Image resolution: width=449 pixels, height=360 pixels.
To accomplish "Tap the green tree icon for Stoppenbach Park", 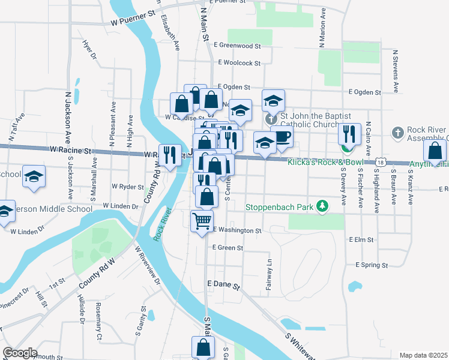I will point(323,207).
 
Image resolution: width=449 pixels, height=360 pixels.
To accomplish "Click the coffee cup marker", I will point(282,137).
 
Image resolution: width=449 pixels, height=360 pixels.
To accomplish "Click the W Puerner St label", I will point(133,21).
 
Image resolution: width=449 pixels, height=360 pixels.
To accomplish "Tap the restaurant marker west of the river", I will point(170,155).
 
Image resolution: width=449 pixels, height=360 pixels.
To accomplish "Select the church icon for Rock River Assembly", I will point(397,132).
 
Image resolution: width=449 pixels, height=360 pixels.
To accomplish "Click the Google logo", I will point(20,352).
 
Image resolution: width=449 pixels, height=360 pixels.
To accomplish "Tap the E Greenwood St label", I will point(240,45).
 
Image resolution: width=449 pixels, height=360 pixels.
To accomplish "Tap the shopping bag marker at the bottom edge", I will point(203,347).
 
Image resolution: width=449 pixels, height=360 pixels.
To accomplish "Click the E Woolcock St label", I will point(239,62).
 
